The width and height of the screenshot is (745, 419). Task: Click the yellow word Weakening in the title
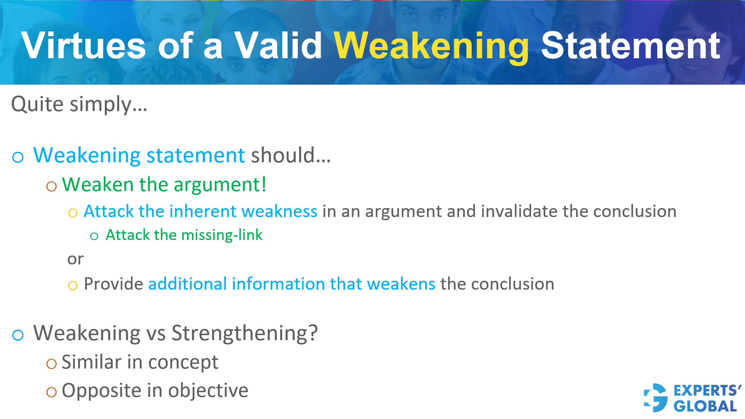click(x=431, y=47)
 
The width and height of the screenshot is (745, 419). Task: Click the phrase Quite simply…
click(x=79, y=104)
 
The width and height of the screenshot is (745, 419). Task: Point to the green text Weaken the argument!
click(x=164, y=184)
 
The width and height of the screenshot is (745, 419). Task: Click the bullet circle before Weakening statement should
click(x=18, y=157)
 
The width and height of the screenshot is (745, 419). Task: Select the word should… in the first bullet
click(x=291, y=155)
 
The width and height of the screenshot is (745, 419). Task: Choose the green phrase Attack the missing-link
click(x=184, y=235)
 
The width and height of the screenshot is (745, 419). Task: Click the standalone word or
click(x=75, y=259)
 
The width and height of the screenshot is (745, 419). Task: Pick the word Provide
click(x=113, y=284)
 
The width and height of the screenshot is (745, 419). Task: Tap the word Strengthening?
click(x=245, y=333)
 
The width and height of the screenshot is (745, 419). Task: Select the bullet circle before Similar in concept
click(x=51, y=364)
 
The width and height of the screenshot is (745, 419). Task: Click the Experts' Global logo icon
click(x=656, y=398)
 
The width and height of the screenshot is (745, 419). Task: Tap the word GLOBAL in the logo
click(x=705, y=406)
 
